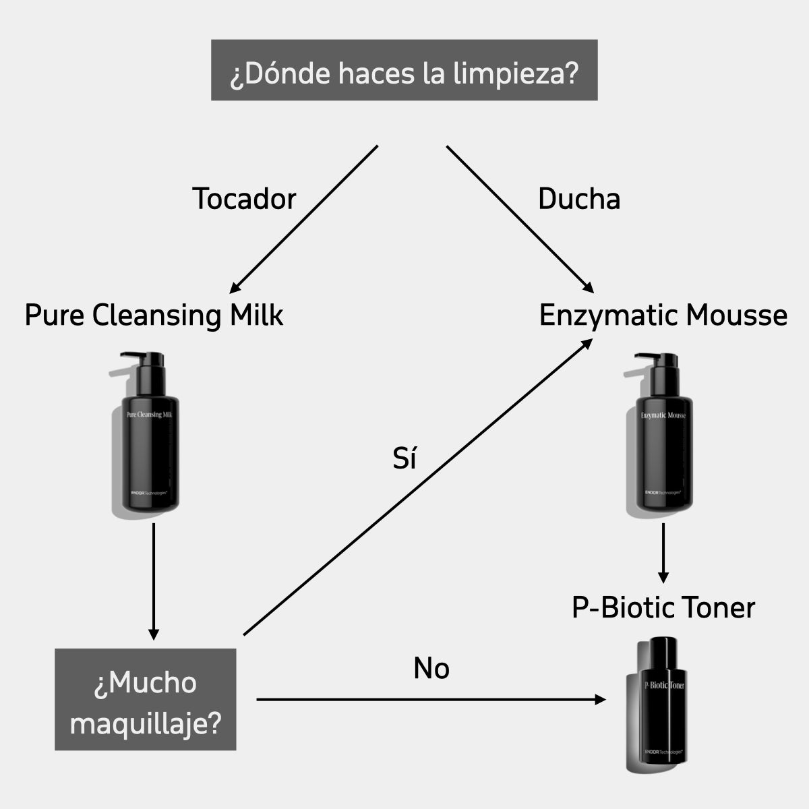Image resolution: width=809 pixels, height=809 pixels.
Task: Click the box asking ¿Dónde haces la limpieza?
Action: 404,70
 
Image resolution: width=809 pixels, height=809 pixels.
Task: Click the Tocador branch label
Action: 244,199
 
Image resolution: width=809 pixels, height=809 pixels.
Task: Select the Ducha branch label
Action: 578,199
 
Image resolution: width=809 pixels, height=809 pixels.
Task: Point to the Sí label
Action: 404,458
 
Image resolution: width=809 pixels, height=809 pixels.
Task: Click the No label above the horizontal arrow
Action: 431,669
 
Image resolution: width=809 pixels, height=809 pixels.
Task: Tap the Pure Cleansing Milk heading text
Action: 154,316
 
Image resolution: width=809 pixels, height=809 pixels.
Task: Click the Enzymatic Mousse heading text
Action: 663,316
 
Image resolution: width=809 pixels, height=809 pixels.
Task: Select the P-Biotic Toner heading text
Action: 663,607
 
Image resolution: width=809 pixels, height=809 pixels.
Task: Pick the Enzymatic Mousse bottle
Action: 663,452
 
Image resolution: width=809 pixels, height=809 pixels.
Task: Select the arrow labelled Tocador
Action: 303,219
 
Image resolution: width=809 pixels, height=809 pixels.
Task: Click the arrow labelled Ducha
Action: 519,219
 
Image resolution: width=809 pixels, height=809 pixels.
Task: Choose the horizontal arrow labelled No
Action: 431,700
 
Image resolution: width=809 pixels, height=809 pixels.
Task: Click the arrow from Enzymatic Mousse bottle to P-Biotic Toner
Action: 663,553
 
